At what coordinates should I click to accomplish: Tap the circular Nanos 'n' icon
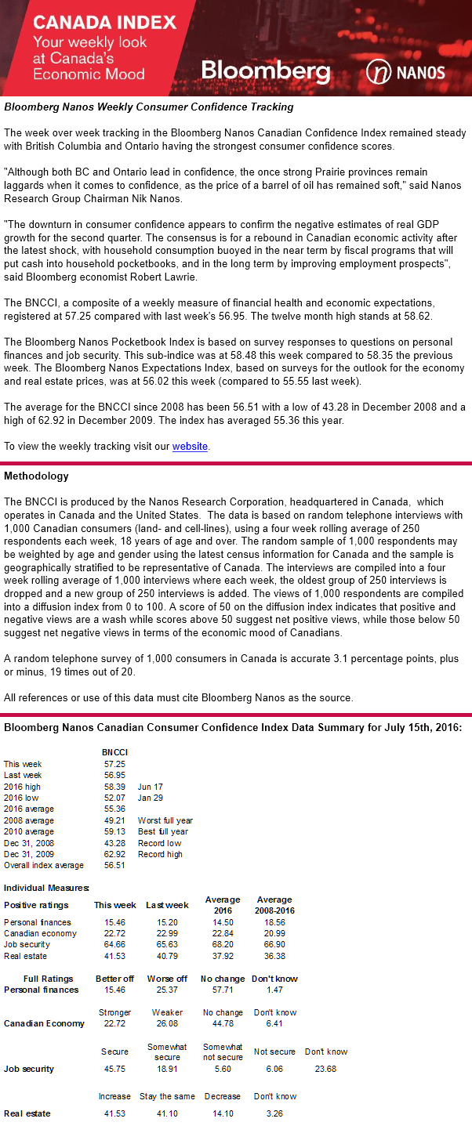pos(379,73)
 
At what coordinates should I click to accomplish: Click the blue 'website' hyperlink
pos(190,446)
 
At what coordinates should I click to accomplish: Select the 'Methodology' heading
pos(36,476)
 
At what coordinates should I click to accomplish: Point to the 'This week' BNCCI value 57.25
pos(114,764)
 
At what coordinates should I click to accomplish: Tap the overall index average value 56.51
pos(114,866)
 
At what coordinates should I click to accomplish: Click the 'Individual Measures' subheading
pos(46,888)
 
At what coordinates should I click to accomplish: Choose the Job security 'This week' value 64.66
pos(114,945)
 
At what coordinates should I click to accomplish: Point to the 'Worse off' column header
pos(167,979)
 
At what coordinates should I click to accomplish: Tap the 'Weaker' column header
pos(167,1012)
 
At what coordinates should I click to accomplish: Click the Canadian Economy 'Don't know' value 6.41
pos(274,1023)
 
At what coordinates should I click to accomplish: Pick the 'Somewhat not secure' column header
pos(222,1052)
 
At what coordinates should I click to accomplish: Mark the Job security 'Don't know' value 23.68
pos(325,1069)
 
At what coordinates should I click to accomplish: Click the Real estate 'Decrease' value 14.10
pos(222,1113)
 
